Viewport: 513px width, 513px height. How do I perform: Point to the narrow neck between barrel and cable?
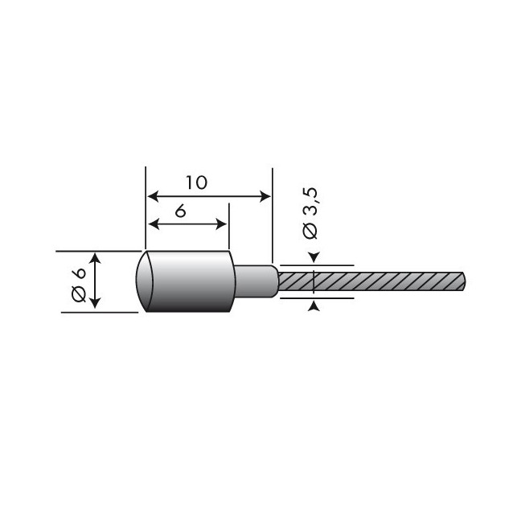coord(254,282)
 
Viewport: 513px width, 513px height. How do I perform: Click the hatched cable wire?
coord(370,283)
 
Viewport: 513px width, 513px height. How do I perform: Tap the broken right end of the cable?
coord(462,283)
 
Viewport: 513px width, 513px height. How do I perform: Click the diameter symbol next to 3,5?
coord(311,231)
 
